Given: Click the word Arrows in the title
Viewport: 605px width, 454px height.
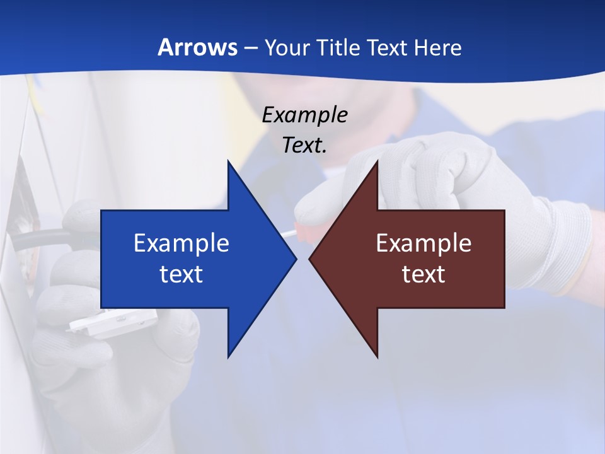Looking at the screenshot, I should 197,48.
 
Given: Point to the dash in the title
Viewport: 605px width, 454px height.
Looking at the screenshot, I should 250,49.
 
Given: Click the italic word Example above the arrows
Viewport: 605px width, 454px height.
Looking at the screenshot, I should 304,115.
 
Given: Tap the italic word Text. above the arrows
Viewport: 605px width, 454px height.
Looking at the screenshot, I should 304,146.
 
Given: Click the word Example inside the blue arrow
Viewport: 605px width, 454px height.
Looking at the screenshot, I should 181,243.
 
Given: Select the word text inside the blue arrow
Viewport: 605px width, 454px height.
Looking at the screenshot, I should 181,274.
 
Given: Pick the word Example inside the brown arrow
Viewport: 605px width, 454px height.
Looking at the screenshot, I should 423,243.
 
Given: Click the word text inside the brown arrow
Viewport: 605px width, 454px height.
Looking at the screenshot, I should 423,274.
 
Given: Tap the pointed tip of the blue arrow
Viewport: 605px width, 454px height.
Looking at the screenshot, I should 296,259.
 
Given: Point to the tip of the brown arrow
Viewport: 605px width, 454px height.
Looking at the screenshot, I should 309,259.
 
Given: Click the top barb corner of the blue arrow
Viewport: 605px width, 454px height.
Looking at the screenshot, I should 228,161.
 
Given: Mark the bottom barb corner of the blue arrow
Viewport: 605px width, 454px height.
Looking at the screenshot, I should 228,357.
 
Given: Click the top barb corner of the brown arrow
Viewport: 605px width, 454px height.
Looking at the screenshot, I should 377,161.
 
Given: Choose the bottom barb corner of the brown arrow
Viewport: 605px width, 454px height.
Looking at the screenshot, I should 377,357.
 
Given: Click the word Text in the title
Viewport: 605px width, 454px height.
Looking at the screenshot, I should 388,48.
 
